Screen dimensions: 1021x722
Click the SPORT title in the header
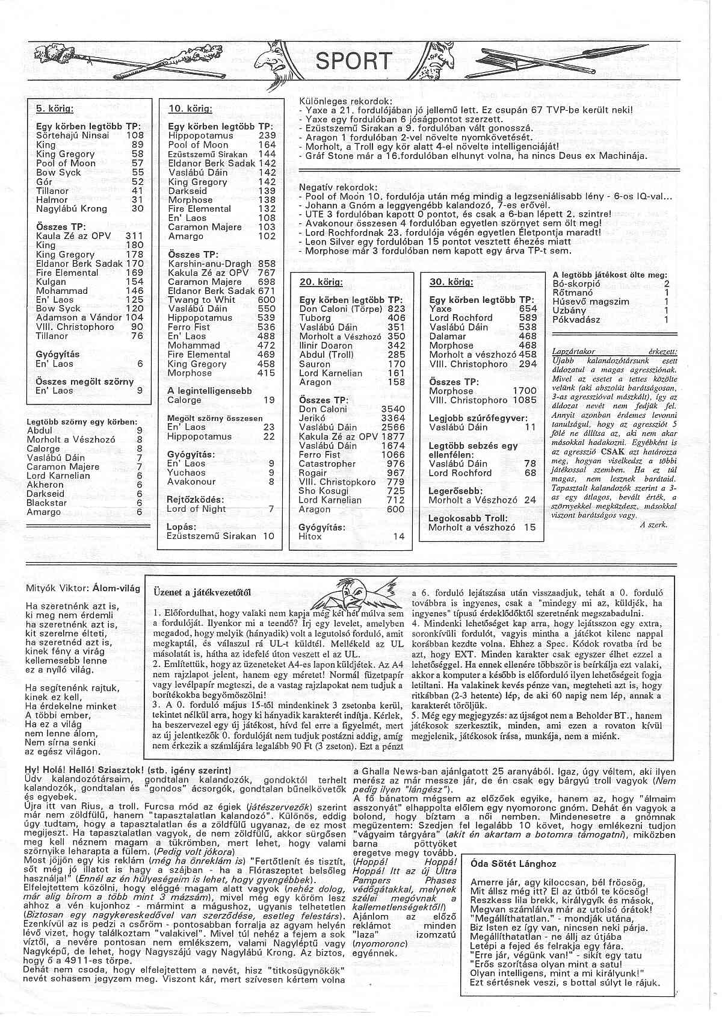354,61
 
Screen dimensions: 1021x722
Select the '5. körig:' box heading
54,109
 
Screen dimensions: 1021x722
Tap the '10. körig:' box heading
190,109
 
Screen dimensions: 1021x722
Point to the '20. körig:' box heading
321,282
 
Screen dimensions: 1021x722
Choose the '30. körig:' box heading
451,282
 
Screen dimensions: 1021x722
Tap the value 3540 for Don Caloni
393,409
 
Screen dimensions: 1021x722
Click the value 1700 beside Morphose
524,391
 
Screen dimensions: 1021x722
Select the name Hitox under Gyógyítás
310,536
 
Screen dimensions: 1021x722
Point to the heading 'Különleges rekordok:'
345,101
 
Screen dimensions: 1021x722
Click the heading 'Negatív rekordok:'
338,187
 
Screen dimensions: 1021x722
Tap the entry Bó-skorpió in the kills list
576,284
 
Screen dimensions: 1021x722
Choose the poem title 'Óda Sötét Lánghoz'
513,864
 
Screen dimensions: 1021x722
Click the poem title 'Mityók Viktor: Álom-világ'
83,588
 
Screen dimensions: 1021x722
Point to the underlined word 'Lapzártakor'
573,351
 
